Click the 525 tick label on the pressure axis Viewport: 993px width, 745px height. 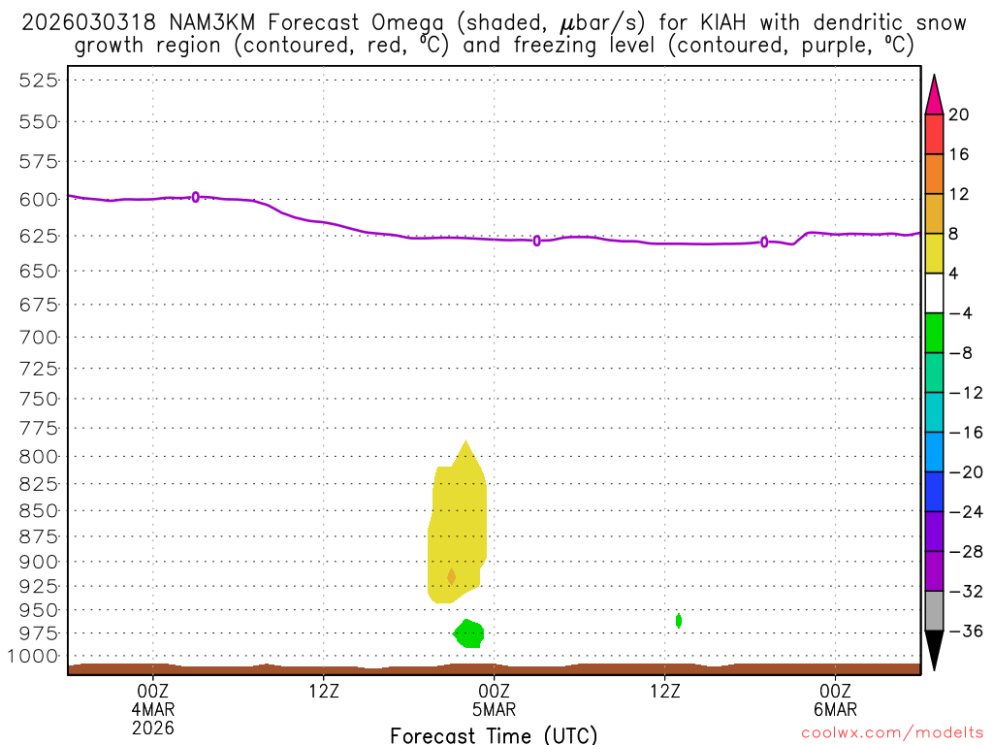[39, 81]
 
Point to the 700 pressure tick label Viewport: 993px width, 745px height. [39, 338]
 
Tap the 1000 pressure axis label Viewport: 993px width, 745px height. [34, 657]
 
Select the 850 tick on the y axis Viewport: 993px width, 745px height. [39, 510]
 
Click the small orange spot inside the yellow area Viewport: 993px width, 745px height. [451, 576]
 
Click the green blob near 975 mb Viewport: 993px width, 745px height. [469, 633]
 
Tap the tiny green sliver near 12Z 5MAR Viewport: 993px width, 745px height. [679, 620]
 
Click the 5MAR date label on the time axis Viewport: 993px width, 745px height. [494, 709]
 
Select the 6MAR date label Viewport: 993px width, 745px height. [835, 709]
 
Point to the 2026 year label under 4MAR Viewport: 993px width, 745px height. [152, 727]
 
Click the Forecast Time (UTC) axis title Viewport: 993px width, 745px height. [494, 734]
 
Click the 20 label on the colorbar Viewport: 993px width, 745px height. [959, 115]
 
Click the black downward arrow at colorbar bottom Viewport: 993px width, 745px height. [934, 650]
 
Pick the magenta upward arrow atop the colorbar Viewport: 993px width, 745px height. [934, 94]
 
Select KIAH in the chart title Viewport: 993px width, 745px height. [715, 22]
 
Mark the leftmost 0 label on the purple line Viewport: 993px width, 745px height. [196, 197]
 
